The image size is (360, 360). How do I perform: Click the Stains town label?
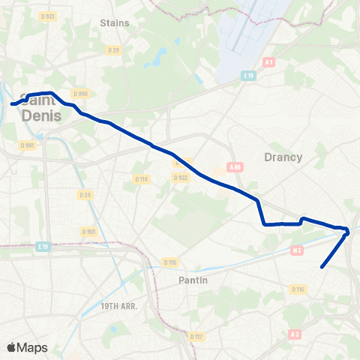tap(115, 22)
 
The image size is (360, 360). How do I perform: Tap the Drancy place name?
tap(283, 157)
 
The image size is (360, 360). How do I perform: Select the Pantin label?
tap(193, 280)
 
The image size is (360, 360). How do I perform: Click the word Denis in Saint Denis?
tap(42, 115)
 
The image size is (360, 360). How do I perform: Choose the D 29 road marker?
tap(113, 50)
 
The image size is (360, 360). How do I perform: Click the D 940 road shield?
tap(81, 94)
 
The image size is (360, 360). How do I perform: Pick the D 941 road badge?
tap(28, 145)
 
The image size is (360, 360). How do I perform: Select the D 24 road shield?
tap(85, 195)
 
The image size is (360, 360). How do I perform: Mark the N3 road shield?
tap(297, 250)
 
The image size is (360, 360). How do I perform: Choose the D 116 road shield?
tap(298, 289)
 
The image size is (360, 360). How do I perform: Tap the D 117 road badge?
tap(196, 336)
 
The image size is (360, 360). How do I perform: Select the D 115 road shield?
tap(170, 262)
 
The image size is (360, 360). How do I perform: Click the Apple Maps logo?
tap(27, 347)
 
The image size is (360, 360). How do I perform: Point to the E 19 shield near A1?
tap(249, 75)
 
